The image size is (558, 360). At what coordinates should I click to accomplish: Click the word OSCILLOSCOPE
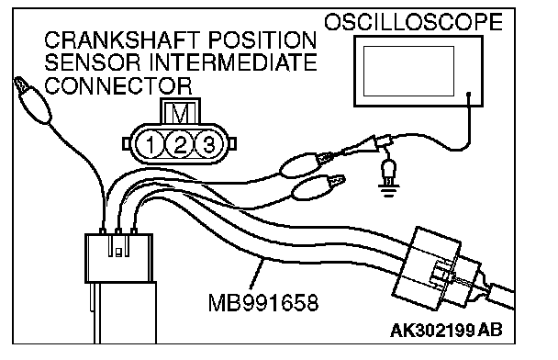pyautogui.click(x=413, y=22)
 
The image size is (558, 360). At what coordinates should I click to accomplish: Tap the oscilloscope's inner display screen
pyautogui.click(x=408, y=72)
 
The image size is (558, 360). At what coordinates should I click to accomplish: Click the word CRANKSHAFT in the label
pyautogui.click(x=122, y=39)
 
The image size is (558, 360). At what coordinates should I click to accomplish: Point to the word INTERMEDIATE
pyautogui.click(x=233, y=62)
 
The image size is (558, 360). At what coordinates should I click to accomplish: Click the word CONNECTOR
pyautogui.click(x=118, y=85)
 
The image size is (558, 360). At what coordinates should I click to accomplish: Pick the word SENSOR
pyautogui.click(x=93, y=62)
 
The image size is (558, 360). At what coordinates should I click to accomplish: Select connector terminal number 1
pyautogui.click(x=151, y=144)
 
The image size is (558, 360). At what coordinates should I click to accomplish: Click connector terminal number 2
pyautogui.click(x=180, y=144)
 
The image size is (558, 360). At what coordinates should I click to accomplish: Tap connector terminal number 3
pyautogui.click(x=208, y=144)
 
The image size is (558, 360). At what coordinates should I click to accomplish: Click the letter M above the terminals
pyautogui.click(x=180, y=114)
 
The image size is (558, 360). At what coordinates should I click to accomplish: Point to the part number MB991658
pyautogui.click(x=263, y=303)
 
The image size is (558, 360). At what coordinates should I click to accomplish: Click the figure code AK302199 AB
pyautogui.click(x=446, y=330)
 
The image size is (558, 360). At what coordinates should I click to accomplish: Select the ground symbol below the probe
pyautogui.click(x=388, y=178)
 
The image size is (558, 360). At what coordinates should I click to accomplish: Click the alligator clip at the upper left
pyautogui.click(x=32, y=100)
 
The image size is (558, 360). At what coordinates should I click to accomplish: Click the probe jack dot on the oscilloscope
pyautogui.click(x=469, y=95)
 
